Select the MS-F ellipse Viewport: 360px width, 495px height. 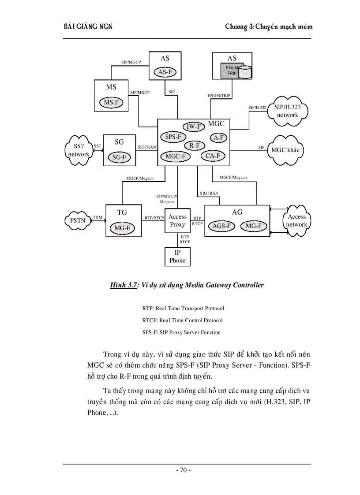(111, 103)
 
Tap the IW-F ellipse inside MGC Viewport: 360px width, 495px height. (193, 127)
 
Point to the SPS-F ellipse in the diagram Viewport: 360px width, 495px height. (173, 137)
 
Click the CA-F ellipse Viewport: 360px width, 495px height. (213, 156)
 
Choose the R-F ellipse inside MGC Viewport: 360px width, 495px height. (194, 145)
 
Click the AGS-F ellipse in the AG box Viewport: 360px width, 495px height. (221, 226)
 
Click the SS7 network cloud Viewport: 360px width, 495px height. (79, 150)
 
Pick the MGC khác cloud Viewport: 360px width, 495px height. (285, 150)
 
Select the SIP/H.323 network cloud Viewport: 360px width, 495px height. (287, 111)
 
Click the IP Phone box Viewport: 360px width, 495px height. (178, 257)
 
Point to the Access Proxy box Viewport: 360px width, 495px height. (178, 220)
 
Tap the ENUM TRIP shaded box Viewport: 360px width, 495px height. (232, 71)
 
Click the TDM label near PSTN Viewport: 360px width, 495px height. (97, 217)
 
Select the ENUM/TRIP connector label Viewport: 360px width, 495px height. (219, 95)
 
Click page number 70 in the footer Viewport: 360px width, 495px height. (183, 470)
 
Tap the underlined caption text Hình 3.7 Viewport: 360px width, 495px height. (124, 285)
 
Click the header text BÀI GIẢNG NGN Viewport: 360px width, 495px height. (88, 26)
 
